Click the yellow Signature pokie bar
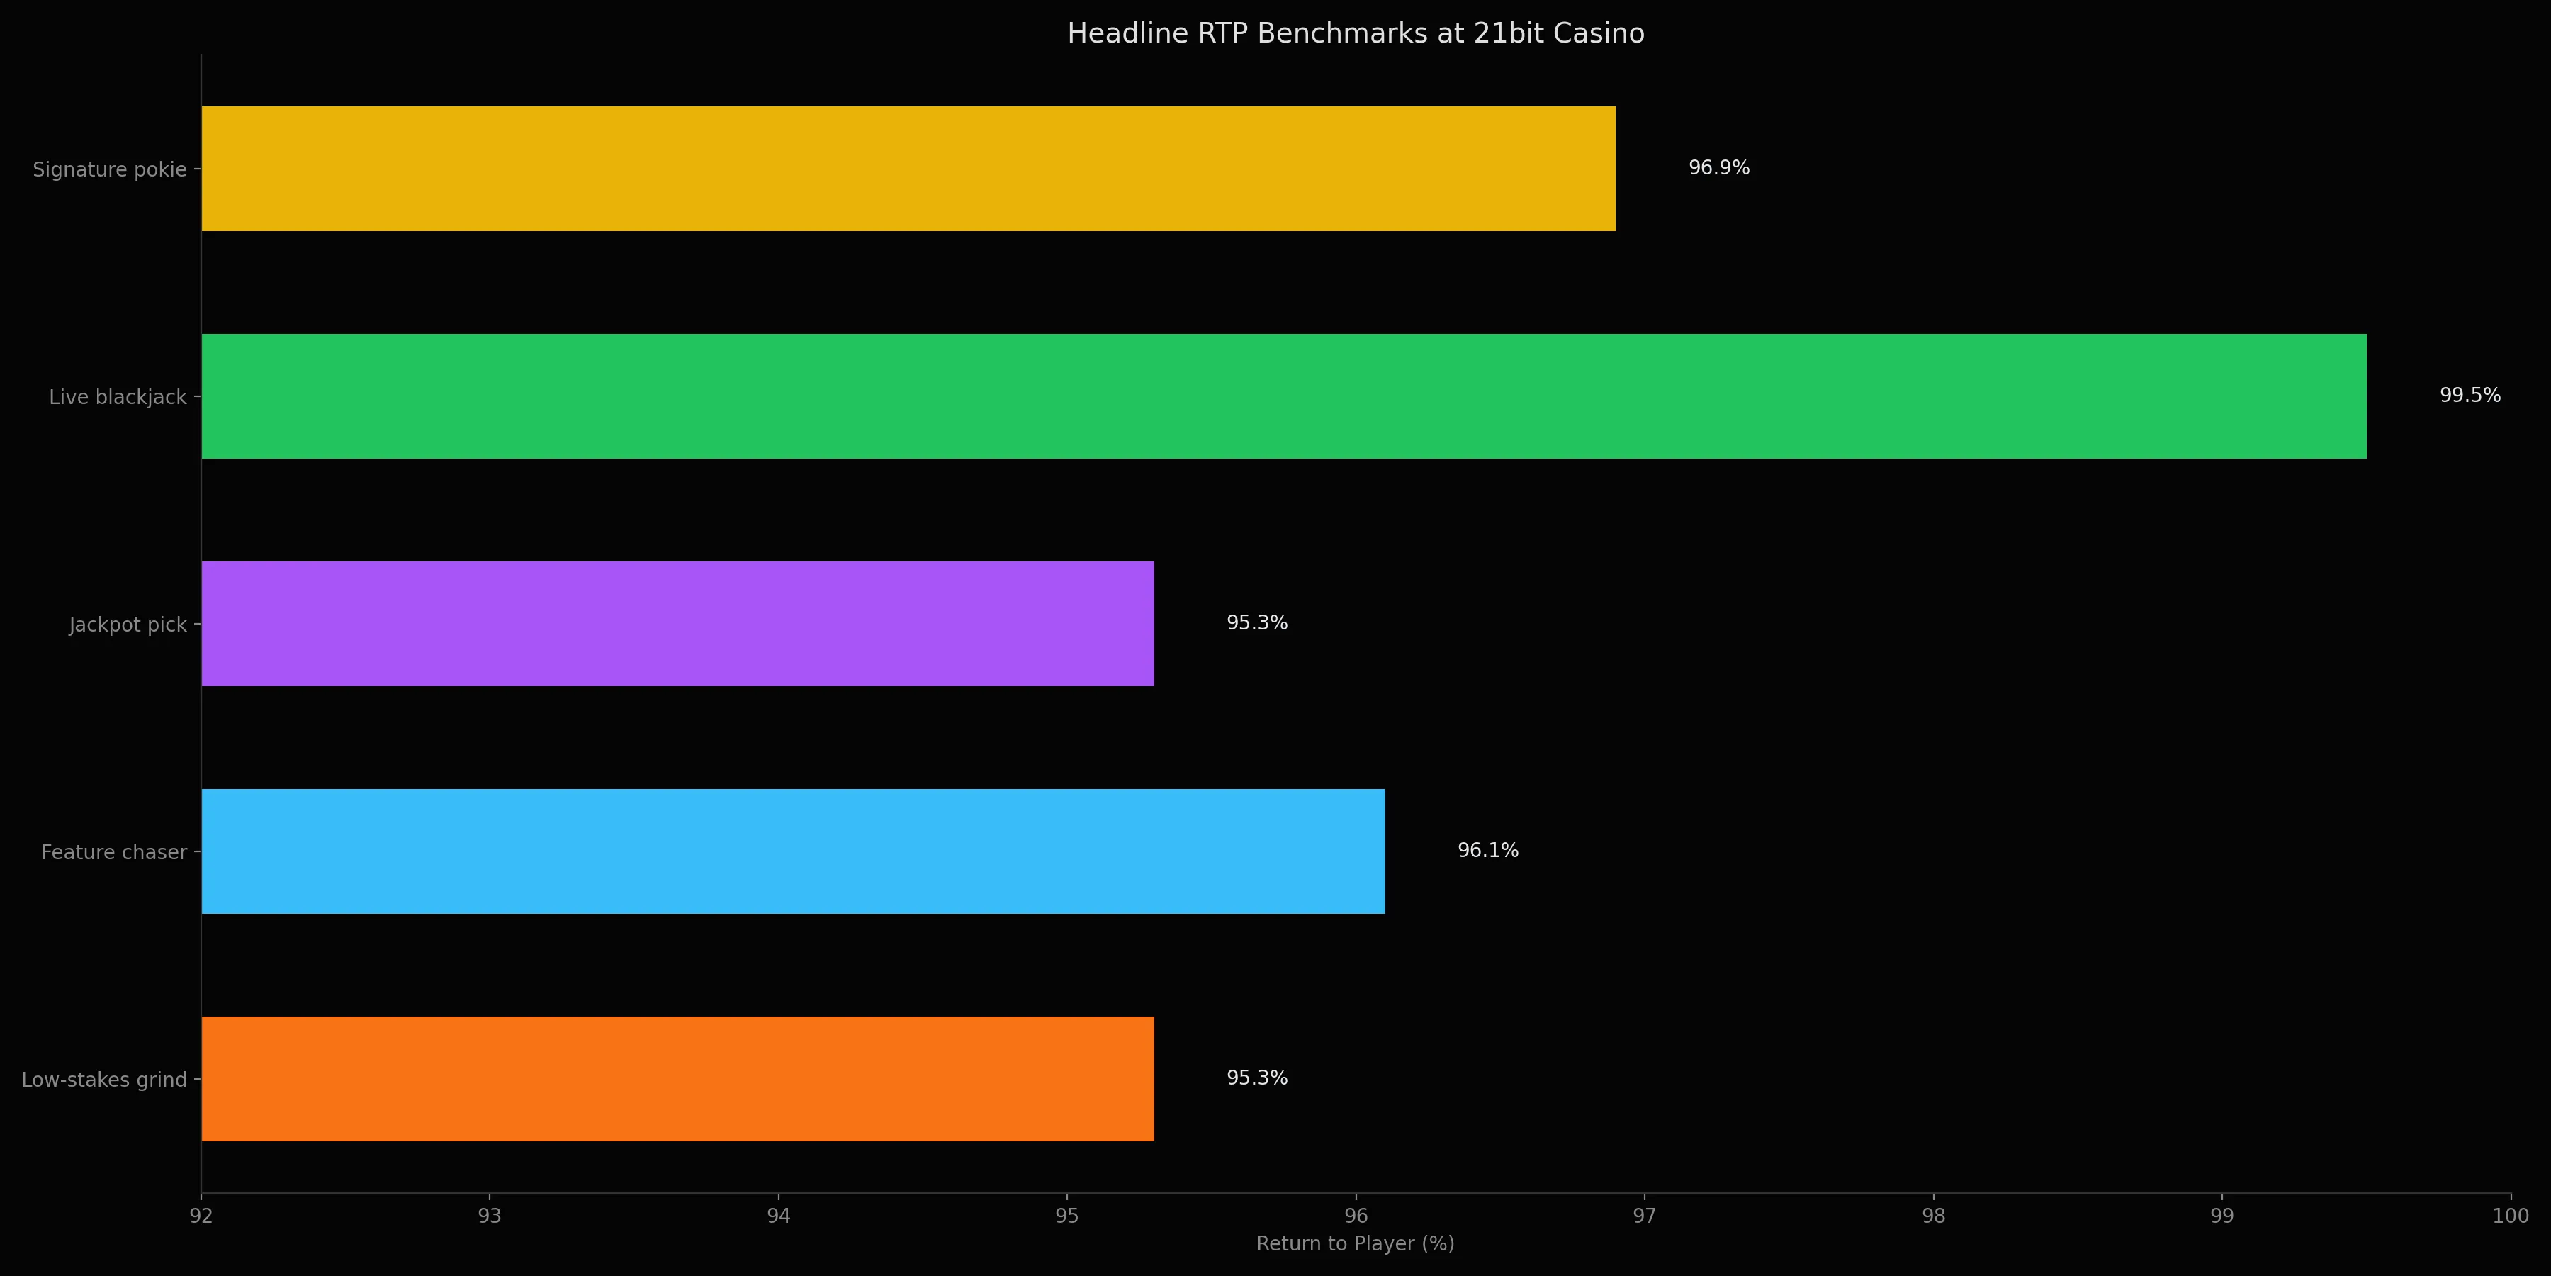(908, 169)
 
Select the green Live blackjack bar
(1283, 396)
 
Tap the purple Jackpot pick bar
(677, 624)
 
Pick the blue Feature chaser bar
(792, 851)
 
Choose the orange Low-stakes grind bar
(677, 1079)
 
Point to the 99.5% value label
(2470, 396)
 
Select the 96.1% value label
(1487, 850)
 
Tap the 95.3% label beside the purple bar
(1256, 623)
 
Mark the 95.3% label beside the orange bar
(1256, 1078)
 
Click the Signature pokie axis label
(109, 169)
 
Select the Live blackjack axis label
(118, 397)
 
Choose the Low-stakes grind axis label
(104, 1080)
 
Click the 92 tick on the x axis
(201, 1216)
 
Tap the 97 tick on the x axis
(1644, 1216)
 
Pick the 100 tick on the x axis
(2509, 1216)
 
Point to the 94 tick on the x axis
(778, 1216)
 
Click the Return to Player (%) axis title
(1355, 1243)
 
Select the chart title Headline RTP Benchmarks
(1355, 34)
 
